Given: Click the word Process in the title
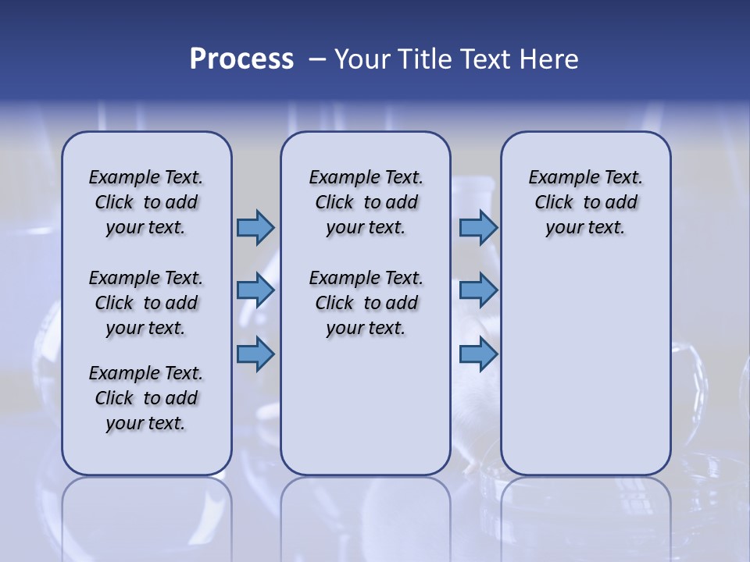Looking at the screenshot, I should [241, 59].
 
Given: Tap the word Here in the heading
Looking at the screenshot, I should [551, 59].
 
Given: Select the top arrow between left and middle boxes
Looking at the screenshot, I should [255, 227].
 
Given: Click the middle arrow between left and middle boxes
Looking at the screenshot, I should [255, 290].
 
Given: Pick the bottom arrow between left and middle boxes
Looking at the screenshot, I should [255, 354].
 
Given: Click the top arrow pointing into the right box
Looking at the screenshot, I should [478, 227].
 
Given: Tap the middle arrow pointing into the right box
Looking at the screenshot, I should [478, 290].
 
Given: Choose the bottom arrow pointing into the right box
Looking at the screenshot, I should [478, 354].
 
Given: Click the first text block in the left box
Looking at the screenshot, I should [146, 202].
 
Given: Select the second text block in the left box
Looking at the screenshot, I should [146, 303].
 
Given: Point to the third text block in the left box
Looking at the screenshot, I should [146, 398].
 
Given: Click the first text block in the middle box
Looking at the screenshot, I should [366, 202].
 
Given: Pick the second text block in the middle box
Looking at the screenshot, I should [366, 303].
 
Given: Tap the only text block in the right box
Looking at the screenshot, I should [585, 202].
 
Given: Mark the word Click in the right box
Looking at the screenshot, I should [554, 203].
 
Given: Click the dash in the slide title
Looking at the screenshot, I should [317, 59].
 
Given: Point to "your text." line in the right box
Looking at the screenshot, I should [585, 228].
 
